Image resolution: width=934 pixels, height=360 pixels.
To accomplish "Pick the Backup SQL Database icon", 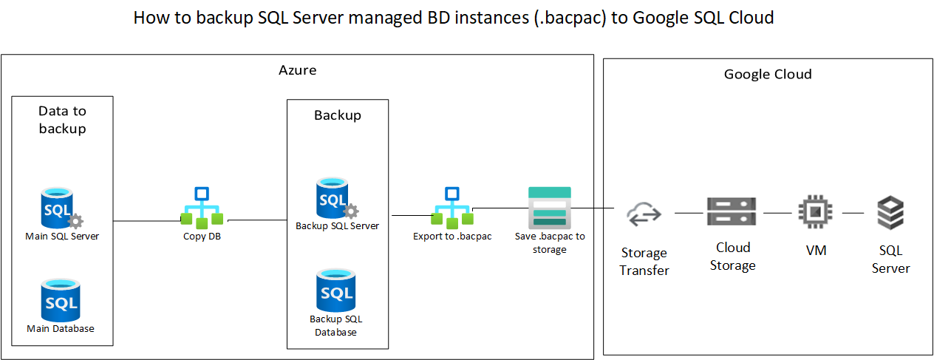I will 335,291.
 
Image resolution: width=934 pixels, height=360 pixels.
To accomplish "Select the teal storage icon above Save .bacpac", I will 550,207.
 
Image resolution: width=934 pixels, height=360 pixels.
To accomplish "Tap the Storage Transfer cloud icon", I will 644,215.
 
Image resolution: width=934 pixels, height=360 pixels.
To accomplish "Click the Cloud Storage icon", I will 732,212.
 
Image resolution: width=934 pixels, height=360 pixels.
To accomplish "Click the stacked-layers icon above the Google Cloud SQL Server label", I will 890,213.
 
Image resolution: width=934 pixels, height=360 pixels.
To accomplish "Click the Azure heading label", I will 297,71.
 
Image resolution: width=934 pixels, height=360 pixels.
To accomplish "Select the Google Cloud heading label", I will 768,75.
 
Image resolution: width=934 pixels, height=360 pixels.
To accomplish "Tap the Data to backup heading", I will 62,120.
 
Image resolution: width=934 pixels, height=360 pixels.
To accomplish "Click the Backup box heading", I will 338,115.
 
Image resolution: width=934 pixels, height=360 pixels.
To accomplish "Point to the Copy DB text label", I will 202,237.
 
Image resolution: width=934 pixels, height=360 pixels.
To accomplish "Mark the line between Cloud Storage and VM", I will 777,213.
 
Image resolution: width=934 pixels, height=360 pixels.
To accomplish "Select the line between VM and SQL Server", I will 853,213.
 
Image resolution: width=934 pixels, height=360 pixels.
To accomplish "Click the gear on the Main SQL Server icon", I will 75,220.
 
